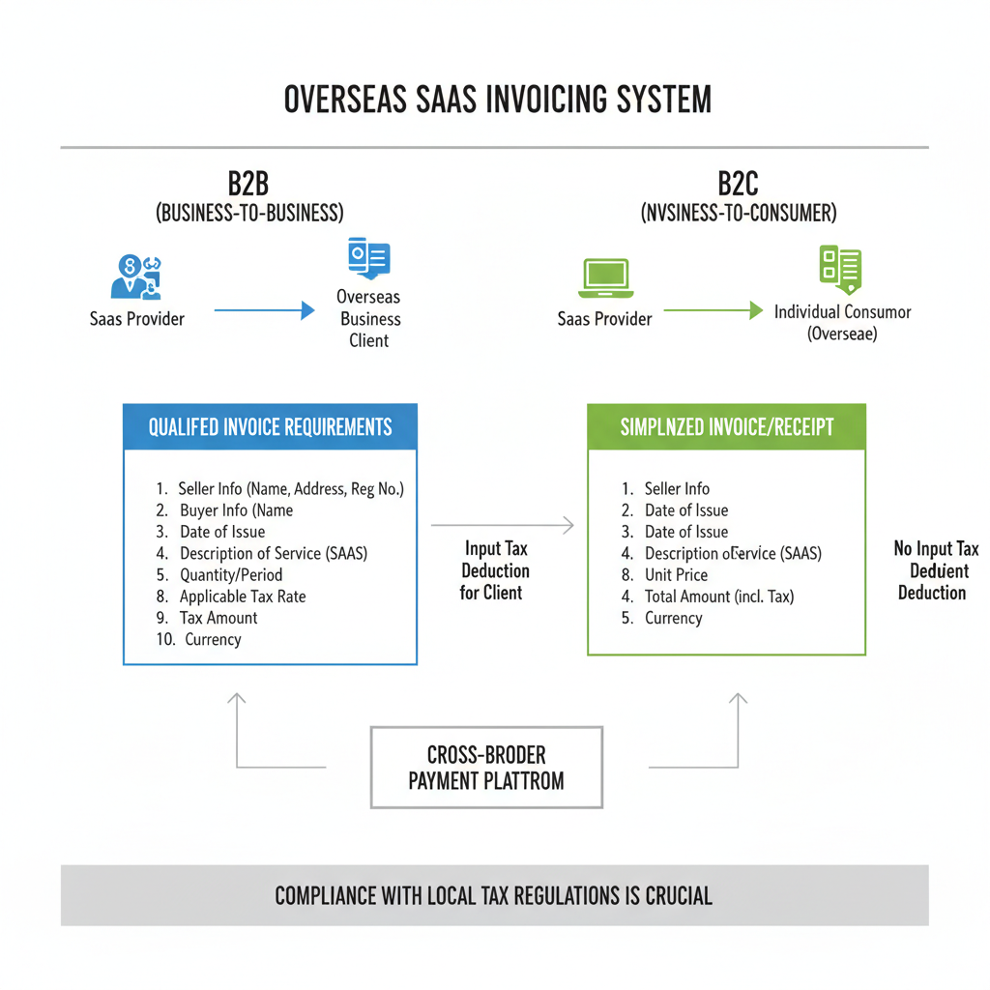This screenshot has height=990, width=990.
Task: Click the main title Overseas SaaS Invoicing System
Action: point(497,101)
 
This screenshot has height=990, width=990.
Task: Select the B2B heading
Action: point(248,183)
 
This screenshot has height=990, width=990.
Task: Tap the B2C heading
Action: point(739,183)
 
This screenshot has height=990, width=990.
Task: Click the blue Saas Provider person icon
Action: point(136,278)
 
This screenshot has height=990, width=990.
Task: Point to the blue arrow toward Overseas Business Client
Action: point(264,310)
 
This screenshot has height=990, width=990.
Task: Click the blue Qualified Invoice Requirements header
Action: point(270,427)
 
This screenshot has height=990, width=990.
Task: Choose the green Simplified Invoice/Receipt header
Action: point(726,427)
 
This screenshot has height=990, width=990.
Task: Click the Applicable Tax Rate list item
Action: point(242,597)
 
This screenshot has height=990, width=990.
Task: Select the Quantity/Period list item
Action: point(230,575)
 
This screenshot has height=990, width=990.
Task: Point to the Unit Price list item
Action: point(676,575)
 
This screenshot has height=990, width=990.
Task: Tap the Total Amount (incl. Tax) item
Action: point(718,597)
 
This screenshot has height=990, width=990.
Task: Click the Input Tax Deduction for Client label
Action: point(494,570)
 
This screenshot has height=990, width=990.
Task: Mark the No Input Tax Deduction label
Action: point(934,570)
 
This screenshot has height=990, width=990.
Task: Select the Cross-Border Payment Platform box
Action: point(486,767)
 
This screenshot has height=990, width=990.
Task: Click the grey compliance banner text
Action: point(494,895)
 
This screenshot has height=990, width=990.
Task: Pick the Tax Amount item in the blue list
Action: point(218,618)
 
